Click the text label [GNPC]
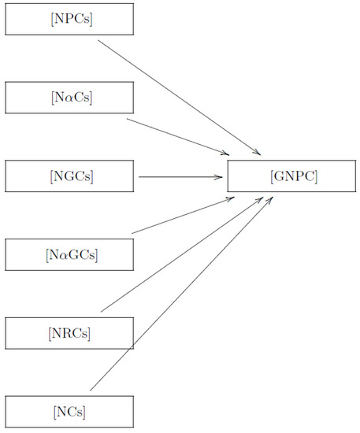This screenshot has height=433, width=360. pyautogui.click(x=293, y=176)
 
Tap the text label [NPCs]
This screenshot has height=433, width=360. pyautogui.click(x=69, y=19)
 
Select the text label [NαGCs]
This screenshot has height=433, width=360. pyautogui.click(x=71, y=254)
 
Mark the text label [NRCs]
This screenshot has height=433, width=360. pyautogui.click(x=69, y=333)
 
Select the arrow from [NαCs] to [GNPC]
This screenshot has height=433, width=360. pyautogui.click(x=177, y=136)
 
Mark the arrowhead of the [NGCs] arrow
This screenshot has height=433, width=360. pyautogui.click(x=221, y=177)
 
